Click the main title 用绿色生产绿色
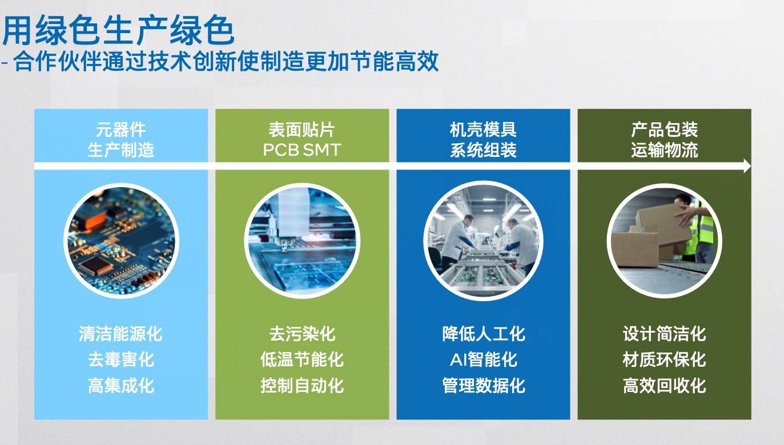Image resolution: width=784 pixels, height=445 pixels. (x=118, y=30)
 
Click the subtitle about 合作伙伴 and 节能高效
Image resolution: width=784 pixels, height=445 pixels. (x=220, y=61)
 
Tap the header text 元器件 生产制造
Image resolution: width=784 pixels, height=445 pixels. (x=120, y=140)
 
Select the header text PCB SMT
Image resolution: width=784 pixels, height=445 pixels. (x=301, y=150)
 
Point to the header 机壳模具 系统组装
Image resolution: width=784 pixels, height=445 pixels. (x=483, y=140)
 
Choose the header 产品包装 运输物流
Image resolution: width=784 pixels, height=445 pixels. (x=664, y=140)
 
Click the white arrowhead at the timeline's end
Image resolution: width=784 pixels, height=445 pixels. (x=747, y=166)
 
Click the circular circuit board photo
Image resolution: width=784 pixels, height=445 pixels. (x=121, y=241)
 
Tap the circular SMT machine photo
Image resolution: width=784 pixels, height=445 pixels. (x=302, y=241)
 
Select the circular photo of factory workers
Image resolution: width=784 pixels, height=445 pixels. (x=483, y=241)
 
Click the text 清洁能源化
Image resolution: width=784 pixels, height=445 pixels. (x=120, y=334)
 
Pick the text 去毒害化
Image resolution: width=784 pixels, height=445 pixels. (x=120, y=359)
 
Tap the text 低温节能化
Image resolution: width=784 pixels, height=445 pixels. (x=301, y=359)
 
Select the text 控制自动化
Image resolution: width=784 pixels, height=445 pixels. (x=301, y=386)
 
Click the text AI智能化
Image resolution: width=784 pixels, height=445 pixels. (x=483, y=359)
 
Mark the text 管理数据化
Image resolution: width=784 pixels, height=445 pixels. (x=483, y=386)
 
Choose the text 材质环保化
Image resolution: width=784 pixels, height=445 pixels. (x=664, y=359)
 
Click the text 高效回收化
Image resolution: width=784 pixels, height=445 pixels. (x=664, y=386)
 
